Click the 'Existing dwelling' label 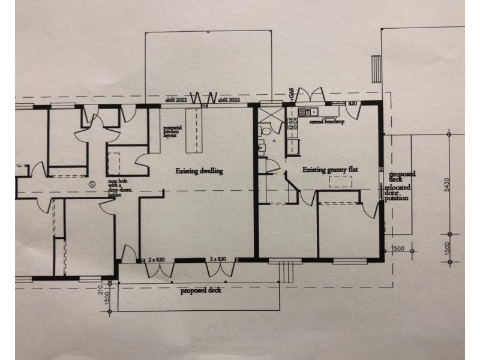point(199,171)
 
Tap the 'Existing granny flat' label point(330,170)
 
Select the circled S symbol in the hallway point(92,184)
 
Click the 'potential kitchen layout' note point(172,132)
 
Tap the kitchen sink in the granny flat point(310,112)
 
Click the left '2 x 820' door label point(157,259)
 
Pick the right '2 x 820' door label point(219,259)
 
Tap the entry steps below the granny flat point(288,273)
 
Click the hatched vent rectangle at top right point(376,64)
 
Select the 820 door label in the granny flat point(352,104)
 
